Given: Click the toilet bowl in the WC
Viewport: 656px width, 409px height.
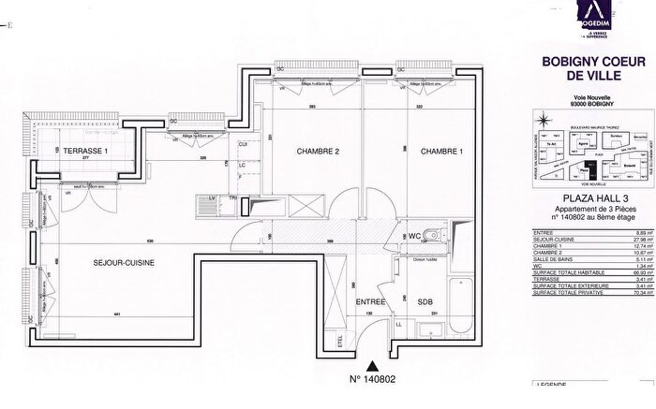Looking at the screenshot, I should click(428, 236).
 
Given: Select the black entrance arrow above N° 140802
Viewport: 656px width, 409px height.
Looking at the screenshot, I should click(373, 367).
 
